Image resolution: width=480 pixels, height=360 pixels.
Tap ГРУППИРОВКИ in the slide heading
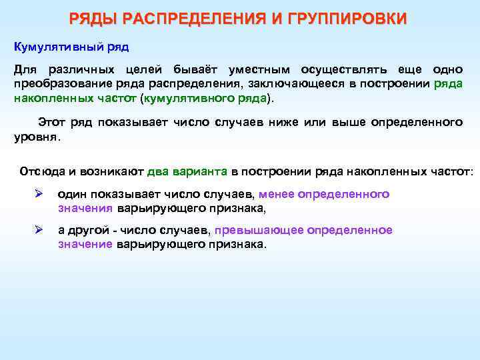[348, 19]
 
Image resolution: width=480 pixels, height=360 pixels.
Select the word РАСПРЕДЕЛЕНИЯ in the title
[193, 19]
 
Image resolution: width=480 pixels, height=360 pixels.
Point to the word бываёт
[195, 70]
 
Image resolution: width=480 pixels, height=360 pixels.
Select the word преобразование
[56, 83]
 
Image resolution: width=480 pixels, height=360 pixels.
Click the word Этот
[52, 123]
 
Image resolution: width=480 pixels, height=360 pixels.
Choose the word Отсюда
[42, 171]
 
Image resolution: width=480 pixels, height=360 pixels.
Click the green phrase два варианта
[188, 171]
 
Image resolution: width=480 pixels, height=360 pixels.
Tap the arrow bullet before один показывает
[39, 195]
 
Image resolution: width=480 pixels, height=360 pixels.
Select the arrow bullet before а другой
[39, 230]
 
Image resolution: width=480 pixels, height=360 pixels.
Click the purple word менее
[275, 195]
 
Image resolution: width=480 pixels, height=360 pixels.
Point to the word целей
[145, 70]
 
